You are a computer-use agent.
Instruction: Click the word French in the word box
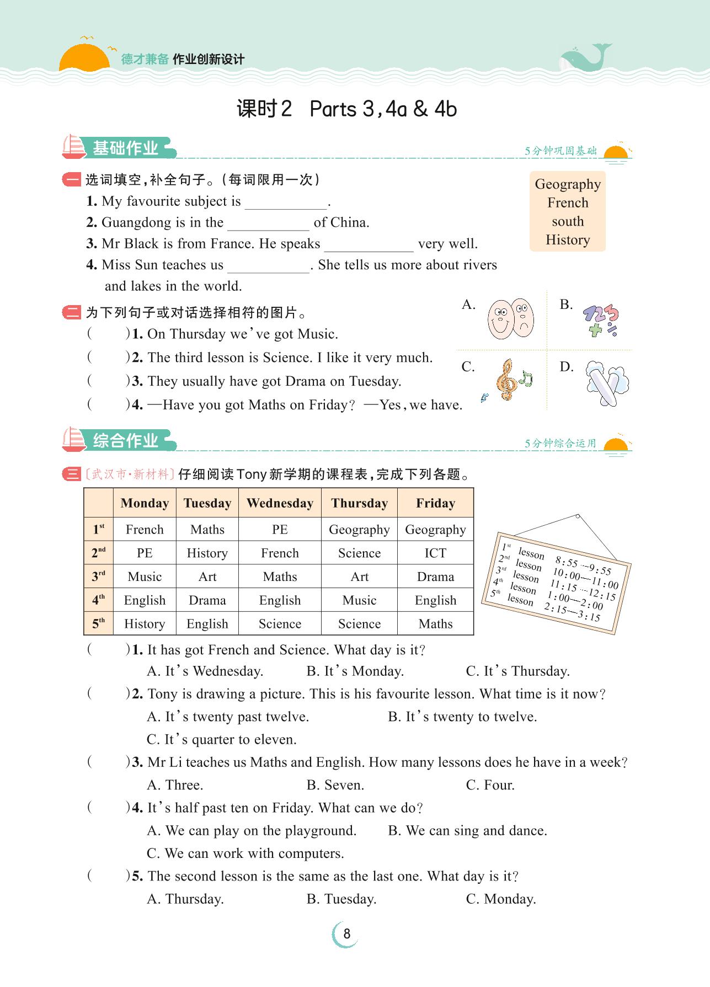(x=568, y=203)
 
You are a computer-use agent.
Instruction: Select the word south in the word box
(x=568, y=222)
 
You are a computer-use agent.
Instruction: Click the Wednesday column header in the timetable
(x=280, y=503)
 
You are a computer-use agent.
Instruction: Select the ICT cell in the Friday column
(x=435, y=553)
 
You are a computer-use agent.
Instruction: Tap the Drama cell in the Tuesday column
(x=207, y=600)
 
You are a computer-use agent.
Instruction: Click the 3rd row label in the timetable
(x=99, y=577)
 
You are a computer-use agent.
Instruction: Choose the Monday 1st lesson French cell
(x=145, y=530)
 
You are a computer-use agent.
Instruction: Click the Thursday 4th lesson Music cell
(x=359, y=600)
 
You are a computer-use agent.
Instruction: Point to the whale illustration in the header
(x=585, y=58)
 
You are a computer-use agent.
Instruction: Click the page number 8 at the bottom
(x=346, y=933)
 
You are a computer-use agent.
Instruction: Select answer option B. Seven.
(x=335, y=785)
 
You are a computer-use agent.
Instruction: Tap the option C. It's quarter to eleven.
(x=222, y=739)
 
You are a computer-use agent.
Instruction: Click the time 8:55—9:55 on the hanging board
(x=583, y=566)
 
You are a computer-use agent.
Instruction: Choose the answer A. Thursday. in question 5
(x=185, y=899)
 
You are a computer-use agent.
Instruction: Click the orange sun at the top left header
(x=84, y=58)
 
